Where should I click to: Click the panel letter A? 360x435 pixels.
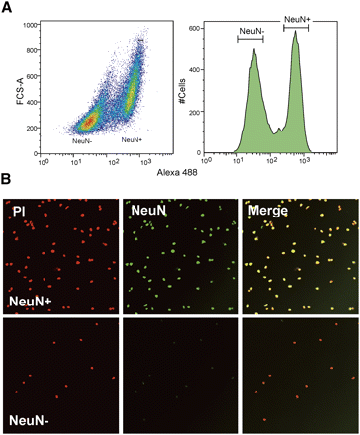coord(8,8)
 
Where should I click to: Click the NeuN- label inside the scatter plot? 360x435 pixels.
coord(84,141)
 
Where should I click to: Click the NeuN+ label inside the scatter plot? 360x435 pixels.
coord(134,141)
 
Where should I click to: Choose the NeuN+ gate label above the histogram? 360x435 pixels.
coord(297,19)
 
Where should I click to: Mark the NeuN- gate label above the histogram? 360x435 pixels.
coord(251,32)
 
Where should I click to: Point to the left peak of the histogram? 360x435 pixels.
coord(253,53)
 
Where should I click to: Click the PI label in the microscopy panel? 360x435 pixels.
coord(17,209)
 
